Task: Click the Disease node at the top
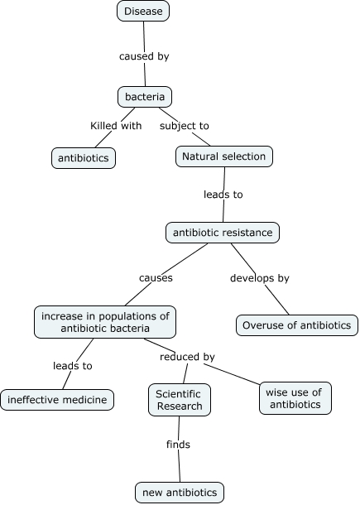coord(143,11)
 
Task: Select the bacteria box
coord(144,98)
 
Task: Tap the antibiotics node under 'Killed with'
coord(84,157)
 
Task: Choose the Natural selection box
coord(224,156)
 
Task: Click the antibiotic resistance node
coord(223,233)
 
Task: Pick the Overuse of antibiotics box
coord(297,325)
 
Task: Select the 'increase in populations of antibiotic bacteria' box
coord(104,321)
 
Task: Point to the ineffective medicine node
coord(57,400)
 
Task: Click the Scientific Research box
coord(180,399)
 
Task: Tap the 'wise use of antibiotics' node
coord(295,397)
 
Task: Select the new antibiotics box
coord(180,493)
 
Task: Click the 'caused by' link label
coord(145,57)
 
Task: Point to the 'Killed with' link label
coord(116,126)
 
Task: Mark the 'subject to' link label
coord(185,126)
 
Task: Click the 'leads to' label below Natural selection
coord(223,195)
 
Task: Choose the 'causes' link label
coord(156,278)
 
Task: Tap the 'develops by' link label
coord(259,278)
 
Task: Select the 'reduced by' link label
coord(187,357)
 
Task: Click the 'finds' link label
coord(178,445)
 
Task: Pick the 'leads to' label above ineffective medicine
coord(73,365)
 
